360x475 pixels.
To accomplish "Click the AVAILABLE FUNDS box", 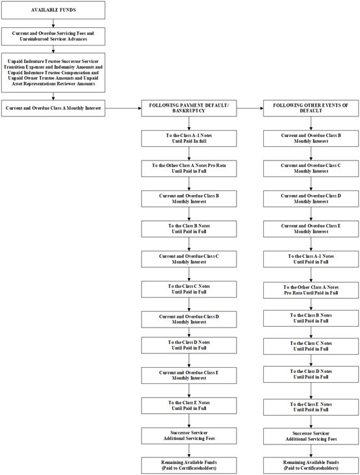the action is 53,10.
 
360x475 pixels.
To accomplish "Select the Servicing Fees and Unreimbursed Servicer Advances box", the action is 53,36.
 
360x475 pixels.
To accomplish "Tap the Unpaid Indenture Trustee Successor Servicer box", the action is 53,73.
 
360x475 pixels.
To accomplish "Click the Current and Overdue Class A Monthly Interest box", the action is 53,108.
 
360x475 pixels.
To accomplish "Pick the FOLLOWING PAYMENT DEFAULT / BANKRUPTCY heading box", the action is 189,108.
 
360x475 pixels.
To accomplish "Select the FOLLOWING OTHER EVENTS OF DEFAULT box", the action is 311,108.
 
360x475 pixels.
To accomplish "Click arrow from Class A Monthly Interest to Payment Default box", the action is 123,108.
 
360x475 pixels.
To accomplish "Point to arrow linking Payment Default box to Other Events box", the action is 250,108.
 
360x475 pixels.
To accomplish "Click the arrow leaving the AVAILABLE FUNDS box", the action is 53,23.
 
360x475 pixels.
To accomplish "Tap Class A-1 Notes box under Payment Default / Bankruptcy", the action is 189,138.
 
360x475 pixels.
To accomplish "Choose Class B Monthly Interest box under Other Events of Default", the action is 311,138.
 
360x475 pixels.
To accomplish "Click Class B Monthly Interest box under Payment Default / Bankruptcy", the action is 189,199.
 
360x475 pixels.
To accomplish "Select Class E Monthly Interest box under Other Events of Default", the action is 311,229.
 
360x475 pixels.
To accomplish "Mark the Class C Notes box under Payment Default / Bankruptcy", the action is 189,289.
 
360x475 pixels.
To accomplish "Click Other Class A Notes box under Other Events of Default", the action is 311,290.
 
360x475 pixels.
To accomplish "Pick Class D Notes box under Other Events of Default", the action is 311,374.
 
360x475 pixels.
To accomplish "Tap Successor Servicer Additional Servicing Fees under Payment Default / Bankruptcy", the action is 189,435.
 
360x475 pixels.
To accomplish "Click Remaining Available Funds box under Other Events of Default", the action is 311,466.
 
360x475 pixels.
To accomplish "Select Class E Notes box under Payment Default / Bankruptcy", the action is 189,405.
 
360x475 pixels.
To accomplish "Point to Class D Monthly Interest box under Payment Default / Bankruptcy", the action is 189,319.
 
